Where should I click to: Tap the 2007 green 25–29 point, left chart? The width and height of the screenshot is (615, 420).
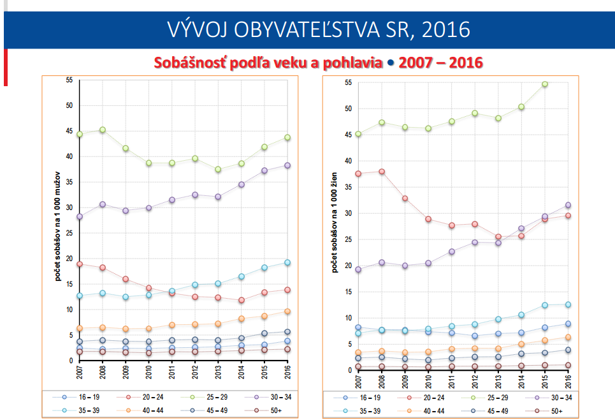pyautogui.click(x=80, y=135)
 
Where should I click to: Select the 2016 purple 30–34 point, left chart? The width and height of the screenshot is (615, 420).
pyautogui.click(x=287, y=165)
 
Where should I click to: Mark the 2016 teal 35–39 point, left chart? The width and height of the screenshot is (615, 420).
pyautogui.click(x=287, y=262)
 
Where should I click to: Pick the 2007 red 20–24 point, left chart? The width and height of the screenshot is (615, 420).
pyautogui.click(x=80, y=264)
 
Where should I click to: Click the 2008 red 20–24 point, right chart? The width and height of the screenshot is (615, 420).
pyautogui.click(x=382, y=172)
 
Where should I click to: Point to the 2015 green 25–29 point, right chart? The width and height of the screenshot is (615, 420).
pyautogui.click(x=544, y=84)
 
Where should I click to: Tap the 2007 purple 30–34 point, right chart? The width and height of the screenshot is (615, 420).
pyautogui.click(x=358, y=269)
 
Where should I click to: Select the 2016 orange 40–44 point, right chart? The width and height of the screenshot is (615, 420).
pyautogui.click(x=568, y=338)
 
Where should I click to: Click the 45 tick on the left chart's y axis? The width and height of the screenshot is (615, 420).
pyautogui.click(x=69, y=131)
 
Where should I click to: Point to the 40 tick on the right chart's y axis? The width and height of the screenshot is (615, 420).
pyautogui.click(x=348, y=161)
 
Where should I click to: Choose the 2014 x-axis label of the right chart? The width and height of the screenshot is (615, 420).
pyautogui.click(x=521, y=382)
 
